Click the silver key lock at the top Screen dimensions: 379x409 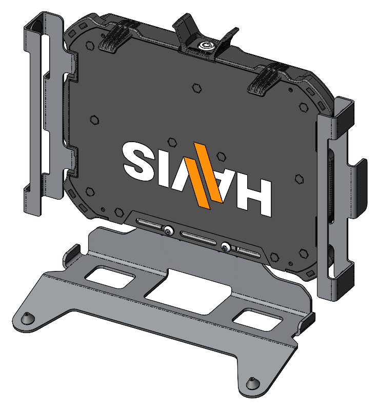(x=203, y=46)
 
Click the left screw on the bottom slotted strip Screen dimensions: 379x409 (x=168, y=230)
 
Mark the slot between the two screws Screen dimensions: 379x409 (x=198, y=238)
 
